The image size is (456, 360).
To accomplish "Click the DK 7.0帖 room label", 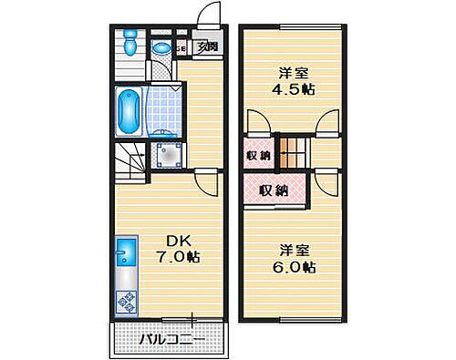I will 178,249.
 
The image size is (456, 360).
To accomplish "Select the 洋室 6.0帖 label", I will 295,259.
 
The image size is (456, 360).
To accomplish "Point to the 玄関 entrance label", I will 209,47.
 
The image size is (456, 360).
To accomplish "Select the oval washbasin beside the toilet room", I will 161,48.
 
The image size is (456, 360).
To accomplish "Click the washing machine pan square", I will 169,156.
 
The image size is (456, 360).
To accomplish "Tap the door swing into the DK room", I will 208,183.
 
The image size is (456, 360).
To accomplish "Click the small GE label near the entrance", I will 181,48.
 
